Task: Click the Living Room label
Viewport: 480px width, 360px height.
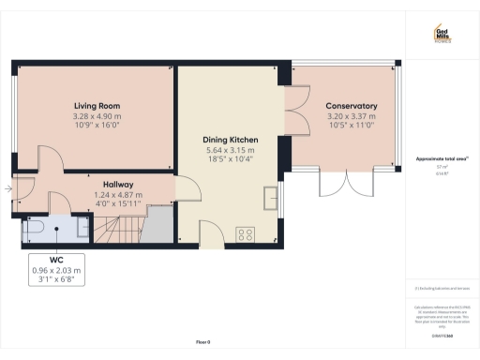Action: coord(97,106)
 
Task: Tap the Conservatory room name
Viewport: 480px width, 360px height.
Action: coord(352,106)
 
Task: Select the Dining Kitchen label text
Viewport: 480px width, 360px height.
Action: coord(231,140)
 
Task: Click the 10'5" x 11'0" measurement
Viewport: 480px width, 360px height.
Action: coord(352,125)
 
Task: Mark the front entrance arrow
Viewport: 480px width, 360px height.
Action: coord(7,190)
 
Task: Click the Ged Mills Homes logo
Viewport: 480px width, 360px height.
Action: coord(442,35)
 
